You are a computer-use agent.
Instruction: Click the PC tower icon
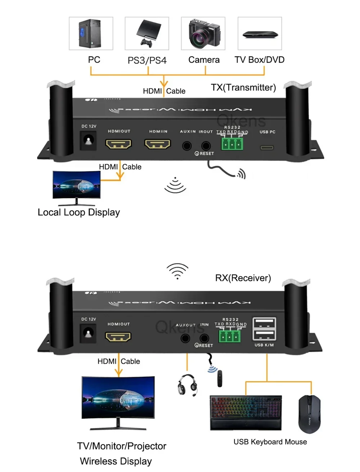[90, 33]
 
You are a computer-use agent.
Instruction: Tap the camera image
[204, 33]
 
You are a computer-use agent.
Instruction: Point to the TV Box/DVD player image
[260, 35]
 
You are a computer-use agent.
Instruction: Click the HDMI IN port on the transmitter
[157, 144]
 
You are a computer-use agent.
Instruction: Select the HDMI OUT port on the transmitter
[118, 144]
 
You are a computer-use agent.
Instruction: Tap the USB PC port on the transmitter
[267, 147]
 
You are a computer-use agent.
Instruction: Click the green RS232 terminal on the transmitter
[232, 144]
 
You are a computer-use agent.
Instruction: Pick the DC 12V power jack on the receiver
[88, 333]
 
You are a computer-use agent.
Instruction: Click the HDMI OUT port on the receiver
[118, 337]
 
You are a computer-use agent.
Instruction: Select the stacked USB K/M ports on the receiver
[264, 329]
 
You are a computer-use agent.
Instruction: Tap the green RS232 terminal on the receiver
[229, 336]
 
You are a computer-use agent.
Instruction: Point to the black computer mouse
[309, 414]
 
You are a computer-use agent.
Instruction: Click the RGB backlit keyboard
[246, 412]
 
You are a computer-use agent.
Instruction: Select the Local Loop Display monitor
[76, 185]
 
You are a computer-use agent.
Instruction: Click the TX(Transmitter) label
[243, 87]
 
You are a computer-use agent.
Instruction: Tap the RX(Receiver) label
[243, 278]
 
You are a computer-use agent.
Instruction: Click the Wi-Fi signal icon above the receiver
[177, 271]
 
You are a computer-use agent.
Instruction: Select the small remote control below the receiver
[220, 378]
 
